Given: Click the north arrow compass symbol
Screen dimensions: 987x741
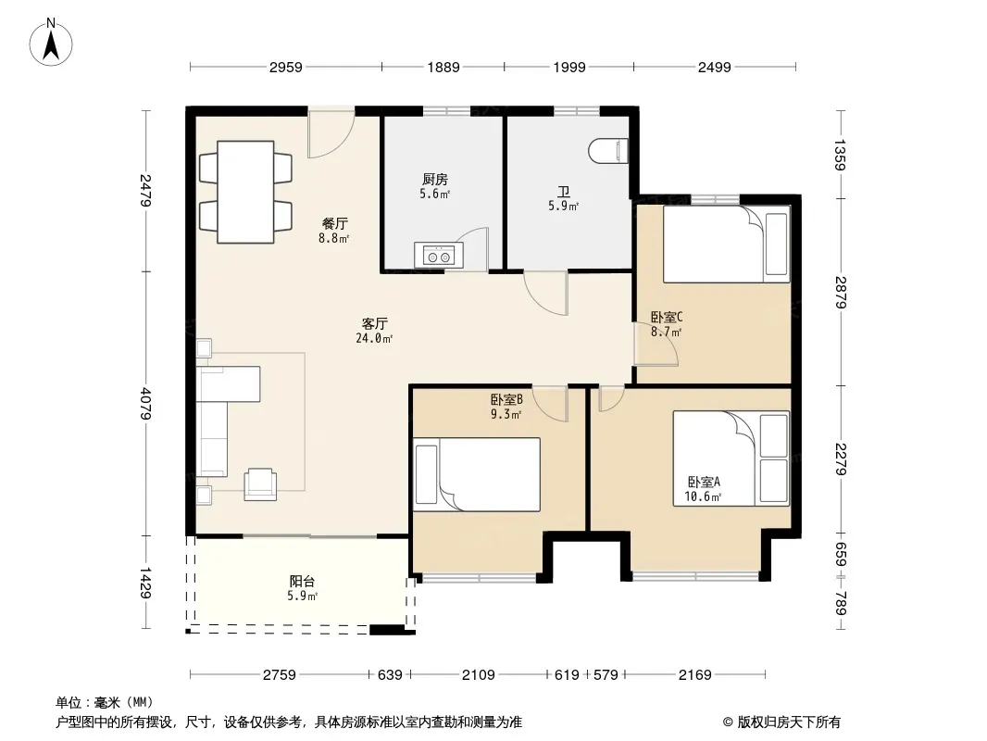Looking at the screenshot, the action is pos(51,43).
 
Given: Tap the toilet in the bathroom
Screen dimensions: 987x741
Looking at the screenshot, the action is pos(608,151).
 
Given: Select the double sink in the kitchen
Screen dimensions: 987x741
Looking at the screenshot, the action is pos(439,256).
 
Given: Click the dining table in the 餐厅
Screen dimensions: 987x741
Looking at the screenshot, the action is pos(245,192).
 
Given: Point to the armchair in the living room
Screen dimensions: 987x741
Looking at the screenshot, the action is pos(260,484).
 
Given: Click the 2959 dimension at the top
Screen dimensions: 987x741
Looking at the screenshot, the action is pos(286,67).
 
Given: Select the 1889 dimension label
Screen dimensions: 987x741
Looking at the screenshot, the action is pos(444,67).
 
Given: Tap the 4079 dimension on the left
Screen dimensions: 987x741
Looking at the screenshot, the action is pos(145,404).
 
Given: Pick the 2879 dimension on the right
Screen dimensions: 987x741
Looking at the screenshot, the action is pos(841,292).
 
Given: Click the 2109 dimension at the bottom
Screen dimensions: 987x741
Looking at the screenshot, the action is pos(479,675).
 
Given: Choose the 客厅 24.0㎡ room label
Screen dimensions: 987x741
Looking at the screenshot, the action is pos(375,332).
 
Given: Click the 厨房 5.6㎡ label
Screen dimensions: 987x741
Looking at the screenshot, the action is pos(435,186).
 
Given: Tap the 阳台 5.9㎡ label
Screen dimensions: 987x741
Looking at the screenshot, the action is pos(302,588).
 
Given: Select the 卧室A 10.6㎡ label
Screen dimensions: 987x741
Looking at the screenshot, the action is pos(703,489).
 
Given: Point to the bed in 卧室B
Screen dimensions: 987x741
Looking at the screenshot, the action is pos(477,474).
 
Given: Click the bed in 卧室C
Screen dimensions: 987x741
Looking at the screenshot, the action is pos(726,245).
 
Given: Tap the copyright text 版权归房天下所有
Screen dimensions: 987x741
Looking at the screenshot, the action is pos(789,722).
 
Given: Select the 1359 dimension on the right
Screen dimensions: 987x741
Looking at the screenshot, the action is pos(841,155).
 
